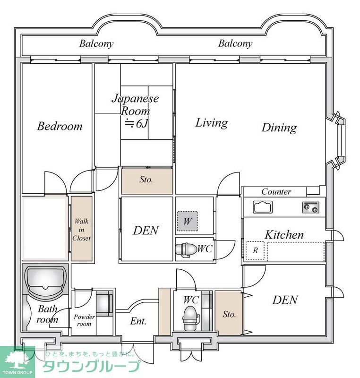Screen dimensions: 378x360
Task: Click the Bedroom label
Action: coord(60,126)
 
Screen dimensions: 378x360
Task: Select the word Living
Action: coord(211,123)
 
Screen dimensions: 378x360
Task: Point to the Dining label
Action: coord(279,127)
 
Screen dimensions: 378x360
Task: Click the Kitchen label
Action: coord(283,234)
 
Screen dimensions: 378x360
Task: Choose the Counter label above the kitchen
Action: coord(276,192)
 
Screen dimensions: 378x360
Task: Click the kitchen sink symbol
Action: coord(263,207)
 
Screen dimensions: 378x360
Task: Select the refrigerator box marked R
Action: coord(256,250)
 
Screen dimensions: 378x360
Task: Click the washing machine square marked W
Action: coord(187,221)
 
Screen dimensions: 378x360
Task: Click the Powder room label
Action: coord(84,321)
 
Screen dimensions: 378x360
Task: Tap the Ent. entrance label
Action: coord(138,322)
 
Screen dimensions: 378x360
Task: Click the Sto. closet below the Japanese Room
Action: coord(147,180)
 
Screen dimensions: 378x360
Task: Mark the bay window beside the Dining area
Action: coord(338,141)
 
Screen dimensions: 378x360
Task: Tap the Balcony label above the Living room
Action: coord(235,43)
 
